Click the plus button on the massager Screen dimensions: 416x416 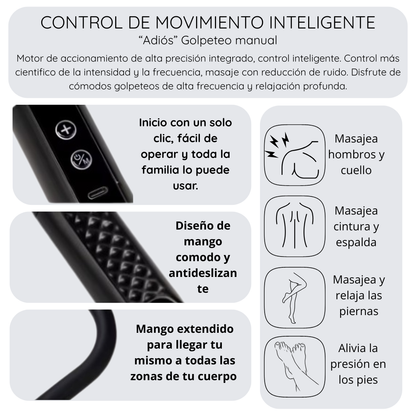click(66, 130)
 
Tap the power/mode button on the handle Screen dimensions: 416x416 click(81, 160)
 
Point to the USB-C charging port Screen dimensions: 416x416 click(98, 193)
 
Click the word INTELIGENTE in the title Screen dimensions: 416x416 click(322, 23)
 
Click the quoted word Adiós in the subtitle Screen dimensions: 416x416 click(158, 40)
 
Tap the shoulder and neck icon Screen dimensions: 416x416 click(294, 155)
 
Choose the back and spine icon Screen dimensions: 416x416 click(294, 226)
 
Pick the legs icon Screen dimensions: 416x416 click(294, 298)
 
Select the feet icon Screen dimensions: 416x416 click(294, 367)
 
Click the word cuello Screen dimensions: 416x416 click(356, 170)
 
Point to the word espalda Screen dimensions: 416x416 click(356, 243)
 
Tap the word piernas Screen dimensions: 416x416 click(359, 312)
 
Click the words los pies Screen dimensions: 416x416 click(358, 380)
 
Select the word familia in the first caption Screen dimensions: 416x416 click(161, 170)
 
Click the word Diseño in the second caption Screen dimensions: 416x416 click(203, 226)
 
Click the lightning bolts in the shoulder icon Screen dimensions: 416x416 click(278, 146)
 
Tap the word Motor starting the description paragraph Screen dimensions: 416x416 click(30, 58)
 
